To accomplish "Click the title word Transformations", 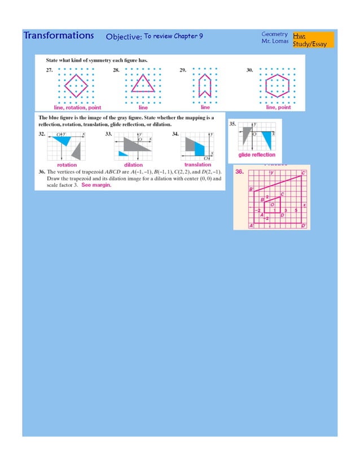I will [x=59, y=36].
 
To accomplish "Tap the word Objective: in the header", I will [x=124, y=37].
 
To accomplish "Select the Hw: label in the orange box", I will [x=299, y=36].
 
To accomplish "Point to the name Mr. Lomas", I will [x=275, y=42].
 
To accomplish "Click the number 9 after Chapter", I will [x=200, y=37].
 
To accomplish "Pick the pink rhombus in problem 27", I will [x=76, y=85].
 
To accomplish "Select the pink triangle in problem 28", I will [x=143, y=85].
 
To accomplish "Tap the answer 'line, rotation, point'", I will [x=77, y=107].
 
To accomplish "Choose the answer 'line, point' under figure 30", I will [x=278, y=107].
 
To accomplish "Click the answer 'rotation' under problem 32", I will [x=67, y=165].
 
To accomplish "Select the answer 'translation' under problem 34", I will [x=197, y=165].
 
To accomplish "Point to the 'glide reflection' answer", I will [x=257, y=155].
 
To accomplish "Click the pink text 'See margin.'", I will [x=96, y=185].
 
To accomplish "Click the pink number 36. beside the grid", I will [x=239, y=172].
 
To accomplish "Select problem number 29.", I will [x=183, y=71].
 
